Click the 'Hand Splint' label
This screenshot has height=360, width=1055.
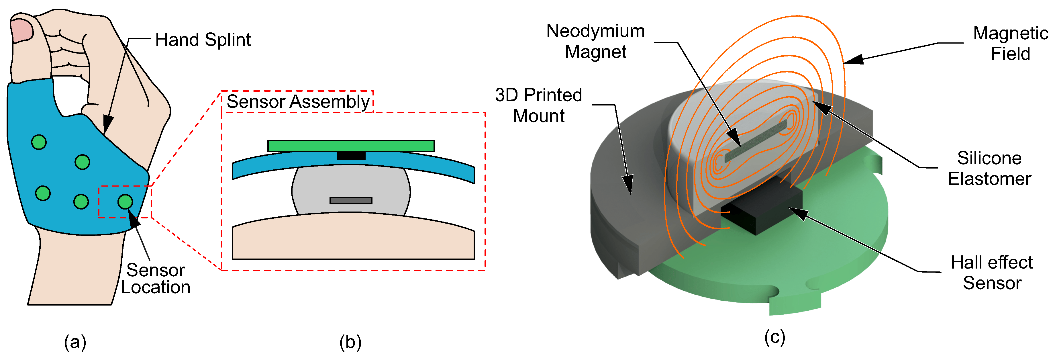pyautogui.click(x=203, y=40)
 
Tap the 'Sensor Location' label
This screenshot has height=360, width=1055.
pyautogui.click(x=156, y=279)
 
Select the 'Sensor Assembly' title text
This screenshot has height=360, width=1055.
pyautogui.click(x=298, y=101)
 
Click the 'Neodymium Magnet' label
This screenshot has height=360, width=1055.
pyautogui.click(x=595, y=41)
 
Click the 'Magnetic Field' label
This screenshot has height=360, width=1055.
pyautogui.click(x=1010, y=43)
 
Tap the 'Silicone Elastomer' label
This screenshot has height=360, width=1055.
pyautogui.click(x=989, y=168)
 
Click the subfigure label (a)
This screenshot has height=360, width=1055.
pyautogui.click(x=75, y=342)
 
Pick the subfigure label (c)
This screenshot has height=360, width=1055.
pyautogui.click(x=774, y=337)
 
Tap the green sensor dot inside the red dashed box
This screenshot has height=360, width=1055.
pyautogui.click(x=125, y=201)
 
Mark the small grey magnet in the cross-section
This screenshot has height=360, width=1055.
pyautogui.click(x=351, y=201)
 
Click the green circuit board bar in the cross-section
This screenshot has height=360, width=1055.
pyautogui.click(x=351, y=146)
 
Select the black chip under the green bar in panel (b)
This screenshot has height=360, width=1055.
pyautogui.click(x=351, y=156)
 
